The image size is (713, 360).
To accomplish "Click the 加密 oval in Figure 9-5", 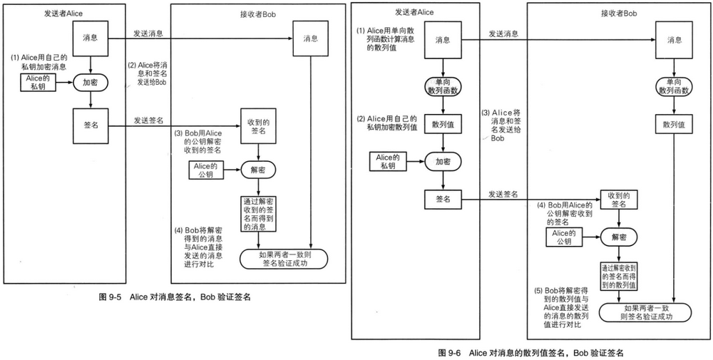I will (x=90, y=83).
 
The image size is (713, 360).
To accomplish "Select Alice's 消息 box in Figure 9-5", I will (x=90, y=38).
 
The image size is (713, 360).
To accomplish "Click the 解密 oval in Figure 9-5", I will (x=258, y=170).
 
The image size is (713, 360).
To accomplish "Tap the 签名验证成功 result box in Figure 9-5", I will (x=283, y=259).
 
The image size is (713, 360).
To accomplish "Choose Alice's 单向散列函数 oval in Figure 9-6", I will (x=443, y=87).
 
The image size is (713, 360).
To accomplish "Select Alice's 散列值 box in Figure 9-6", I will (x=443, y=123).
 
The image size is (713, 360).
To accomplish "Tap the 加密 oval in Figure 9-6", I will (x=443, y=161).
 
